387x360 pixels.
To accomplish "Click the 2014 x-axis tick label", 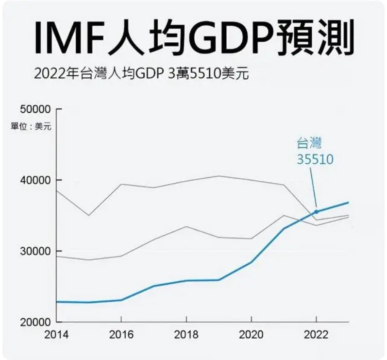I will coord(56,335).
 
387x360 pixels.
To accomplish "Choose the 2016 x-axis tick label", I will coord(121,335).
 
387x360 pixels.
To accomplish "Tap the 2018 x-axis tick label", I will coord(186,335).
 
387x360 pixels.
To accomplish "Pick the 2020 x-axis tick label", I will coord(252,335).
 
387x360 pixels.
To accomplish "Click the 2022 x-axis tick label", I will coord(317,335).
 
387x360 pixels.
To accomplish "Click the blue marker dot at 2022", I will coord(317,212).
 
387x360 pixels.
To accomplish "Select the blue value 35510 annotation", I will coord(316,159).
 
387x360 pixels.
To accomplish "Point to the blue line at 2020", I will coord(252,262).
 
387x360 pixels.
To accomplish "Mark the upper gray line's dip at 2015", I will coord(88,215).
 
